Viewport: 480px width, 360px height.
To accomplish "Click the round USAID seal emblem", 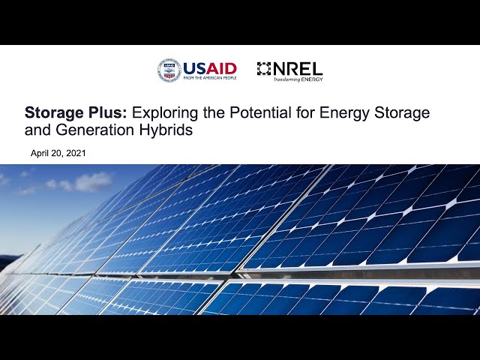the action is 169,70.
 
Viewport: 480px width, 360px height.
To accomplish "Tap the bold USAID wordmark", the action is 210,68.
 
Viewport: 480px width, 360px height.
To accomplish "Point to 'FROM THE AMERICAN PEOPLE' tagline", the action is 210,78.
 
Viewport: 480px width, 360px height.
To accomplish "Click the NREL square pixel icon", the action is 264,68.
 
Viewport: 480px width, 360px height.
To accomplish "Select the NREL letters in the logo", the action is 298,68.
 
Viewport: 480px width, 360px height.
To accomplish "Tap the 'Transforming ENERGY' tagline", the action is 298,79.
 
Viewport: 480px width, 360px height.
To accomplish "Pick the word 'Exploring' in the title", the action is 165,113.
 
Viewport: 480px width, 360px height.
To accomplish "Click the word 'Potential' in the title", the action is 260,112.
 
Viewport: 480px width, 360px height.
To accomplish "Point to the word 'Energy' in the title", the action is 345,113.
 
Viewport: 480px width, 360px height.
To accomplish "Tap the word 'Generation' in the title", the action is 95,130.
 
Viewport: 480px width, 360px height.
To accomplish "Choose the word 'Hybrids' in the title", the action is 166,130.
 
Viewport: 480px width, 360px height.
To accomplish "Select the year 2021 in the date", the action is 76,153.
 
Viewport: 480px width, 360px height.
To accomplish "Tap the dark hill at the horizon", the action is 8,260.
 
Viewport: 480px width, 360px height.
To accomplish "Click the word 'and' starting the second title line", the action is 37,130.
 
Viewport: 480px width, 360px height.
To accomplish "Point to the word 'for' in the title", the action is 305,112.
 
